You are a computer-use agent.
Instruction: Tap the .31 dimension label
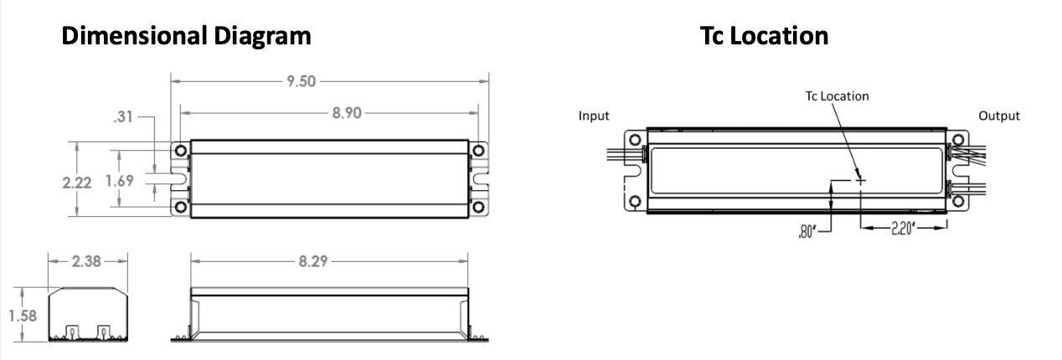pyautogui.click(x=124, y=119)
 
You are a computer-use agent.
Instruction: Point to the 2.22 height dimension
pyautogui.click(x=80, y=182)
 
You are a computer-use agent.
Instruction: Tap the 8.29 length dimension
pyautogui.click(x=314, y=261)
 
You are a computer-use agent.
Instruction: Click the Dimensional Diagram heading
pyautogui.click(x=188, y=37)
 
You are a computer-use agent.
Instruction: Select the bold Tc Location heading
pyautogui.click(x=765, y=37)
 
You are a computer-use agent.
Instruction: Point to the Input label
pyautogui.click(x=594, y=116)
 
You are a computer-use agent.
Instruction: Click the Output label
pyautogui.click(x=999, y=116)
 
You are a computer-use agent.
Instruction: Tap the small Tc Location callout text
pyautogui.click(x=831, y=96)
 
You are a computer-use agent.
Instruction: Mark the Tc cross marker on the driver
pyautogui.click(x=860, y=179)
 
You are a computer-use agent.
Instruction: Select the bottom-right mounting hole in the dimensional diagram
pyautogui.click(x=478, y=206)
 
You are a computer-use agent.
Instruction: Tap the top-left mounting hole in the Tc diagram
pyautogui.click(x=635, y=139)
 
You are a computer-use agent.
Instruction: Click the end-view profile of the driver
pyautogui.click(x=88, y=316)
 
